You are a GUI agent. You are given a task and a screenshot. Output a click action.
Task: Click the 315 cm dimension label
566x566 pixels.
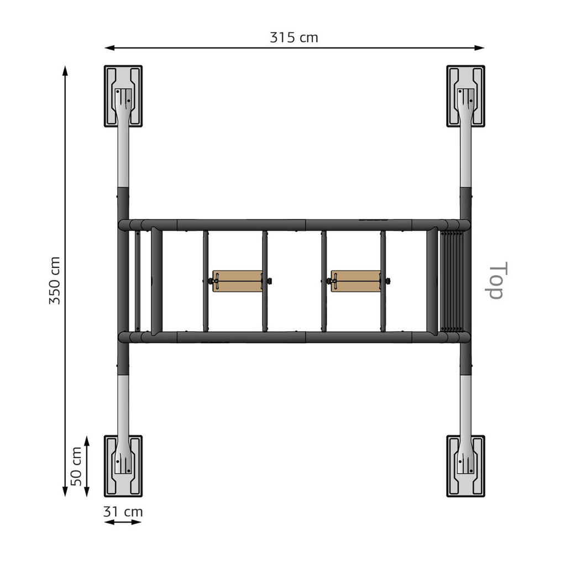(294, 38)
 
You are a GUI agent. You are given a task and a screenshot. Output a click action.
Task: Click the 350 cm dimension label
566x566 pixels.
(55, 280)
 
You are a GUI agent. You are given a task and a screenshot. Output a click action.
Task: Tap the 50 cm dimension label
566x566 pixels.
(76, 467)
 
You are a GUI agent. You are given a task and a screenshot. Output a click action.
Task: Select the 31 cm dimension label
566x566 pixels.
(123, 511)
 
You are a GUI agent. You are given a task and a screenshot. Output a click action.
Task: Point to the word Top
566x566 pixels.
(496, 280)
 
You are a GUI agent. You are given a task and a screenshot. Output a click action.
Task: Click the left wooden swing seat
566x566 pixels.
(238, 281)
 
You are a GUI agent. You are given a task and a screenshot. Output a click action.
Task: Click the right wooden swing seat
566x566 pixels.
(356, 281)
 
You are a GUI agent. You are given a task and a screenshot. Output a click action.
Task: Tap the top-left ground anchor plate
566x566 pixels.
(123, 96)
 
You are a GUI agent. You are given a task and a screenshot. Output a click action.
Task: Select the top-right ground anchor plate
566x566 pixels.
(465, 96)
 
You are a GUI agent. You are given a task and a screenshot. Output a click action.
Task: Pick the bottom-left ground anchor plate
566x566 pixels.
(123, 466)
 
